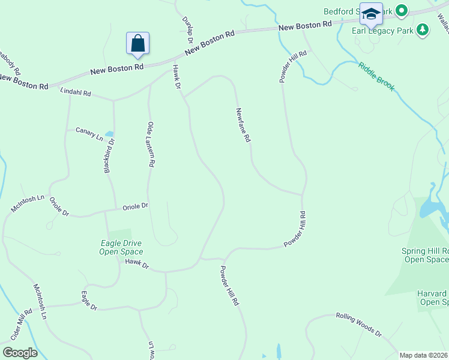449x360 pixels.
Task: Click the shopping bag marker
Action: (x=137, y=43)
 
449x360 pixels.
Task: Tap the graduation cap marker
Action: (x=370, y=14)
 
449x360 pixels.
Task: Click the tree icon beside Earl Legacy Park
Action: (x=423, y=29)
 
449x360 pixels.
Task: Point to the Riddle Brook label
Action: (x=377, y=76)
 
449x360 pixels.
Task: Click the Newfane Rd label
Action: (x=243, y=125)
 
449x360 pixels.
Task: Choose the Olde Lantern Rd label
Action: (x=151, y=144)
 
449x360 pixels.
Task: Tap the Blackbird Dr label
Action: (x=109, y=156)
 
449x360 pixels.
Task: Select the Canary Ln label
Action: (x=89, y=133)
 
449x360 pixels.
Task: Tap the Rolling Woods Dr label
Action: (x=358, y=323)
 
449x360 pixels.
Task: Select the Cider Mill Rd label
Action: (x=20, y=324)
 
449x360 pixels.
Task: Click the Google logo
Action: (x=19, y=353)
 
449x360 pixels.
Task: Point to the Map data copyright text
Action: (x=423, y=355)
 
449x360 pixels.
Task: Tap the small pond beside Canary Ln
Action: (x=109, y=134)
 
